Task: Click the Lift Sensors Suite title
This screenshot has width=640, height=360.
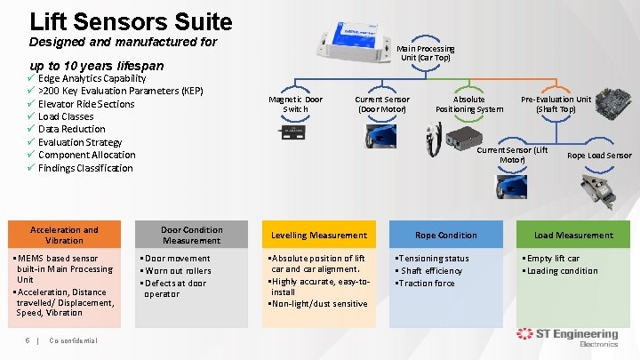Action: tap(131, 21)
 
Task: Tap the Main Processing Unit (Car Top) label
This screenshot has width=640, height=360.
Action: tap(426, 53)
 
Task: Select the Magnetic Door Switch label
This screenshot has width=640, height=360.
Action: tap(295, 104)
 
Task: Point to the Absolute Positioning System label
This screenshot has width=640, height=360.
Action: tap(468, 104)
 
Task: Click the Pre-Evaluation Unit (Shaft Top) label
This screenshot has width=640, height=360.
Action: tap(556, 104)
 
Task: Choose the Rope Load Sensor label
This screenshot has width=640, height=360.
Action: tap(598, 156)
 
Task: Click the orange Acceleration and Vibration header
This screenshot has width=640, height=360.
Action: tap(64, 235)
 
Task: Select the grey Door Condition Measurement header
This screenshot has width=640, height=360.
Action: tap(191, 235)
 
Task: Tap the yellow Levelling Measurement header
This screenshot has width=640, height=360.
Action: tap(318, 236)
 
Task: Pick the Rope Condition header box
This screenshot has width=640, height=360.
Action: tap(445, 236)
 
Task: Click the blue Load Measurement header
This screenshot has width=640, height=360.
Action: tap(572, 236)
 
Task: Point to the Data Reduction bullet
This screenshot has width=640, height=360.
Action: tap(71, 129)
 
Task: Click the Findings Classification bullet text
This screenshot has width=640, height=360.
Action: tap(85, 168)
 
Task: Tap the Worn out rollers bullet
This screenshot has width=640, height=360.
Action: tap(179, 271)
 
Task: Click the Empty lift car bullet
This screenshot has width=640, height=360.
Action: tap(557, 259)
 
